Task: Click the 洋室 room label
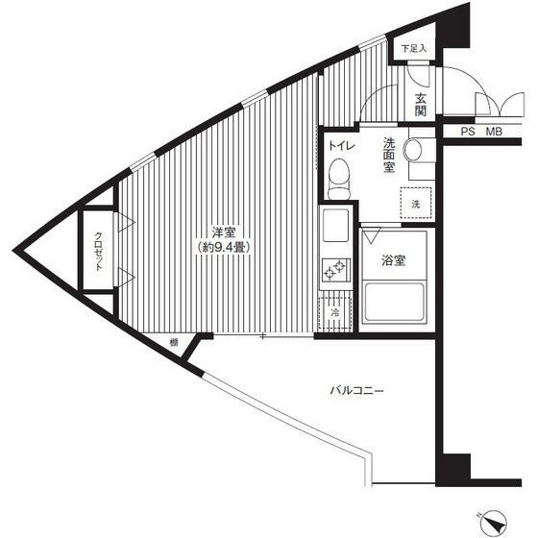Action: coord(223,232)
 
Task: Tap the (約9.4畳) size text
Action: coord(223,247)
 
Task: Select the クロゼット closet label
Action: coord(98,252)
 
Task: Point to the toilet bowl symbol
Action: coord(339,179)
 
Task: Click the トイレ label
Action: coord(341,146)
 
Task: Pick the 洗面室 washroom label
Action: coord(389,155)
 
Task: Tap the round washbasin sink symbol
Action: coord(413,150)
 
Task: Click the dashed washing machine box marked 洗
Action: coord(415,203)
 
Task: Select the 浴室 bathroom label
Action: coord(394,260)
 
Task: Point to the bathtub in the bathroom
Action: coord(394,302)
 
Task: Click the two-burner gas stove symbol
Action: coord(335,270)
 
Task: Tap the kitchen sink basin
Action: coord(335,225)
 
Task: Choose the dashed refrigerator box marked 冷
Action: coord(335,312)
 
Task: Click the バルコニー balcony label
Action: coord(356,390)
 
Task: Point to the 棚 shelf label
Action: coord(174,342)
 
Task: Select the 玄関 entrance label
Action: coord(421,105)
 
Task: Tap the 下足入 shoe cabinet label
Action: coord(414,48)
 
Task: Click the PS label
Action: coord(468,132)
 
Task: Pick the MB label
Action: coord(494,132)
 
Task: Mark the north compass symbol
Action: coord(492,524)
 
